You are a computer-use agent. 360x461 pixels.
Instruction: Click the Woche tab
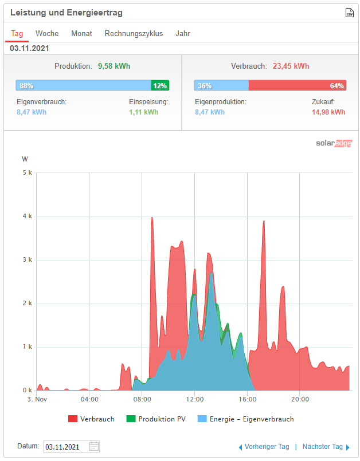pos(47,34)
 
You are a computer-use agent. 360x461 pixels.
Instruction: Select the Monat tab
pos(81,34)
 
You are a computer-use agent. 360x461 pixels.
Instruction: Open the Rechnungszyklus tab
pos(134,34)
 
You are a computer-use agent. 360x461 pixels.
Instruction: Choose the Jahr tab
pos(183,34)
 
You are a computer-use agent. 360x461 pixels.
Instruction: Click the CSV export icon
pos(349,13)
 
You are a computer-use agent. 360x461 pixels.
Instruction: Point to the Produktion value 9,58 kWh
pos(114,66)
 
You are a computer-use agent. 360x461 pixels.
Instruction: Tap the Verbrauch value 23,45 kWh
pos(291,66)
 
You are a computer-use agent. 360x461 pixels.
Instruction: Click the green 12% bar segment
pos(160,86)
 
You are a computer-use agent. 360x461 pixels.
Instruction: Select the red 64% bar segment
pos(298,86)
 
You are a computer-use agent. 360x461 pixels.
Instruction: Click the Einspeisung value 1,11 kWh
pos(144,112)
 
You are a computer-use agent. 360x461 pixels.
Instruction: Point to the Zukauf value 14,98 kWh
pos(328,112)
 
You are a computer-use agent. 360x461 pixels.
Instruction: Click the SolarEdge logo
pos(334,143)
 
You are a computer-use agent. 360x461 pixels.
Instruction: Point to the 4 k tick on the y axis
pos(27,216)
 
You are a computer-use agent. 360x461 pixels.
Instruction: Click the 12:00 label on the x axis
pos(195,399)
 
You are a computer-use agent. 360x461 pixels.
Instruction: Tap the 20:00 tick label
pos(300,399)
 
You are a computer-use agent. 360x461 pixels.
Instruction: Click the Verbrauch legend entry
pos(91,419)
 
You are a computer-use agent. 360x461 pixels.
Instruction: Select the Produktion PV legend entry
pos(155,419)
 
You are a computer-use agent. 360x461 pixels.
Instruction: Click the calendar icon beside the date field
pos(95,447)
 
